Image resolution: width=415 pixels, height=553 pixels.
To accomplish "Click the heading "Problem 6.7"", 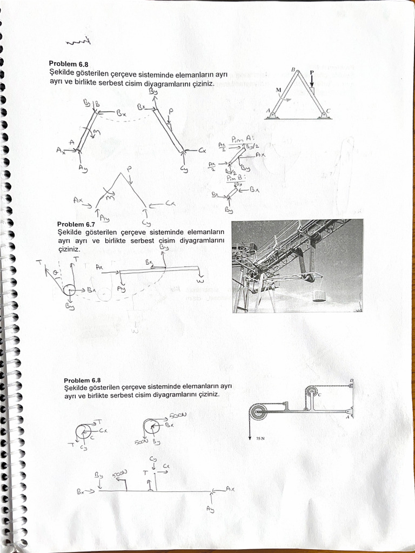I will [76, 224].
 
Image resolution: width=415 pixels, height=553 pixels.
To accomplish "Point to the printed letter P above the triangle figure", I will [311, 71].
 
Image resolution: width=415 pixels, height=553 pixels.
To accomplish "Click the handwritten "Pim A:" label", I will [238, 139].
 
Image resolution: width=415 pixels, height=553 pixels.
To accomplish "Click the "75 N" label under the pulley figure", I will [261, 439].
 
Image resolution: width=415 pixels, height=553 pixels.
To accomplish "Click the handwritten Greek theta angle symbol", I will [55, 273].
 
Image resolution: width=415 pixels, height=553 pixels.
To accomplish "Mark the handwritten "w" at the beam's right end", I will [201, 280].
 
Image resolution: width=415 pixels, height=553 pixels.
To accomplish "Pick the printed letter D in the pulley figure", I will [351, 381].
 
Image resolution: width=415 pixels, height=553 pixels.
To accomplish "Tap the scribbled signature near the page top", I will [77, 42].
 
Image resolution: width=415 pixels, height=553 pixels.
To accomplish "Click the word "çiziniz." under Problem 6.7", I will [69, 249].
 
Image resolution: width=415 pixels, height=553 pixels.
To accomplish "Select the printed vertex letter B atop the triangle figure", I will [293, 70].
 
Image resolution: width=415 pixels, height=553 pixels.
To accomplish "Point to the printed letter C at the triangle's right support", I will [329, 111].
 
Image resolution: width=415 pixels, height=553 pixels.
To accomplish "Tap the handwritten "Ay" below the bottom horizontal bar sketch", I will [210, 510].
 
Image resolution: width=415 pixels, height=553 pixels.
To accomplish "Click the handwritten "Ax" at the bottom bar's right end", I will [229, 489].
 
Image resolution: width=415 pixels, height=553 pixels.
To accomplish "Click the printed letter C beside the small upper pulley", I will [320, 395].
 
